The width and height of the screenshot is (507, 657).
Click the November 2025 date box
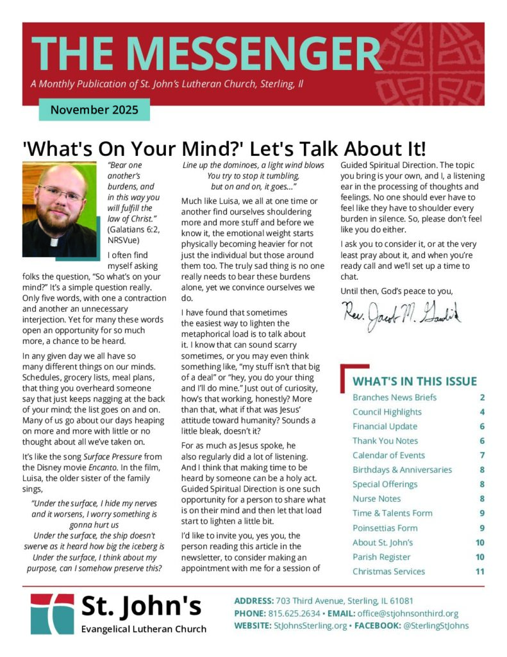pyautogui.click(x=94, y=109)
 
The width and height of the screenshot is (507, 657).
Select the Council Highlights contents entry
pyautogui.click(x=386, y=412)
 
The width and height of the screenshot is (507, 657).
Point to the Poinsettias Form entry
pyautogui.click(x=385, y=528)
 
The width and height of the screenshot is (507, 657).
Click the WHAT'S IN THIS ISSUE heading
pyautogui.click(x=415, y=381)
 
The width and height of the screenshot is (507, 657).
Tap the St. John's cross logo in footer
pyautogui.click(x=52, y=613)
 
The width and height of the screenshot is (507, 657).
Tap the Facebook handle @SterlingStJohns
pyautogui.click(x=436, y=626)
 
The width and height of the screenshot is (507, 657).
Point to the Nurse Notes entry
pyautogui.click(x=376, y=499)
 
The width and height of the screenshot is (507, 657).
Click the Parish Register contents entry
pyautogui.click(x=382, y=557)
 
